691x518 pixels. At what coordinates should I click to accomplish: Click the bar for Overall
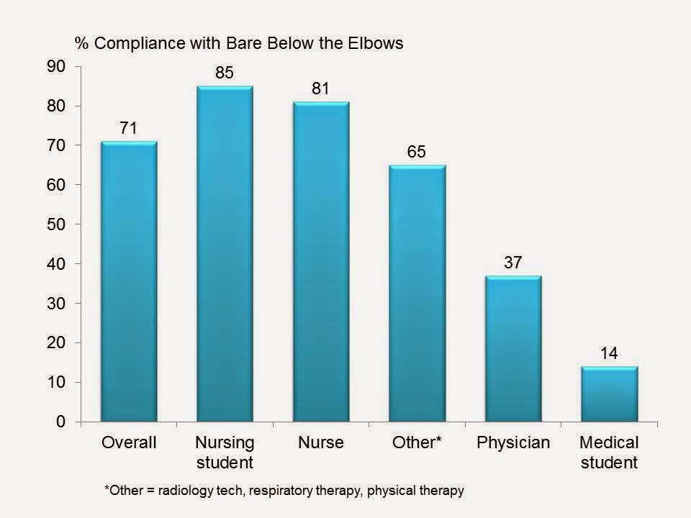click(x=129, y=281)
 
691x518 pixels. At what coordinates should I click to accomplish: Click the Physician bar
click(x=513, y=348)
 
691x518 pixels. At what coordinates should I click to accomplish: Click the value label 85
click(x=225, y=73)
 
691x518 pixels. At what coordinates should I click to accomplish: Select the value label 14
click(x=609, y=353)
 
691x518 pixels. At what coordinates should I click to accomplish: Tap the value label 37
click(x=513, y=263)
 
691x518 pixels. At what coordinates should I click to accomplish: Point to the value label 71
click(x=129, y=128)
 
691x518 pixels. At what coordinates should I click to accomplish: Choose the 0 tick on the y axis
click(x=61, y=422)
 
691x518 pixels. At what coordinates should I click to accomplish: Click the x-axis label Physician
click(x=513, y=442)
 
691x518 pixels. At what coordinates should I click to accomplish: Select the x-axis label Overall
click(x=129, y=442)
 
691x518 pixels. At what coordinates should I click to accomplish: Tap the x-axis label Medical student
click(x=609, y=452)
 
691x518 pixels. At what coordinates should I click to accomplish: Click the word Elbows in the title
click(x=377, y=42)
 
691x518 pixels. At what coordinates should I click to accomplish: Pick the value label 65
click(x=417, y=152)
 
